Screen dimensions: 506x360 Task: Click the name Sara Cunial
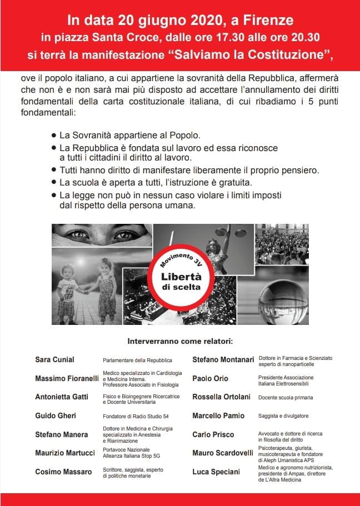pos(54,360)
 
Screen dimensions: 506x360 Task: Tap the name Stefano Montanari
pos(223,360)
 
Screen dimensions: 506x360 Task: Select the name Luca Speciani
pos(216,472)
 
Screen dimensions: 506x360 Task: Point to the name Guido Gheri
pos(56,415)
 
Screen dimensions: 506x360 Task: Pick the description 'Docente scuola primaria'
pos(286,398)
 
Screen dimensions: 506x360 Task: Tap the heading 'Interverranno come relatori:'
pos(179,340)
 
